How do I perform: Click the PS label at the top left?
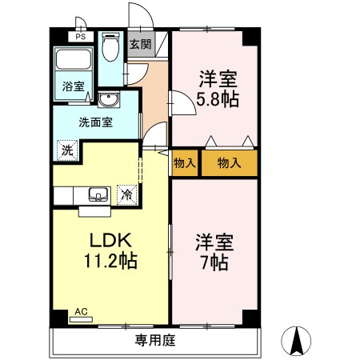coord(80,37)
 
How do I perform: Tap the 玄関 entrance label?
coord(141,44)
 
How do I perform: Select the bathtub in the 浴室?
coord(73,62)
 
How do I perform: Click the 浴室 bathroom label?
coord(73,87)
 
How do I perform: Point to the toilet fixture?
coord(111,48)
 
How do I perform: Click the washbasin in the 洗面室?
coord(106,100)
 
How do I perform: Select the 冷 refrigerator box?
coord(126,193)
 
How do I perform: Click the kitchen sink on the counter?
coord(98,194)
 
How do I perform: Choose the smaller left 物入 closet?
coord(185,163)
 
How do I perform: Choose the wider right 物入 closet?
coord(229,163)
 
